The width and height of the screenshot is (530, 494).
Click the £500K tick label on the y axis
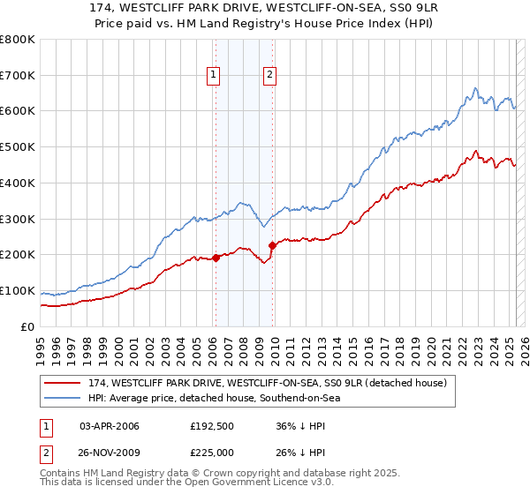click(x=19, y=146)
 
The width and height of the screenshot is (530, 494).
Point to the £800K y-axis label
click(x=19, y=40)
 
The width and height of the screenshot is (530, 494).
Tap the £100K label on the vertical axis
click(x=19, y=290)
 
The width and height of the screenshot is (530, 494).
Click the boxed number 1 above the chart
click(x=214, y=76)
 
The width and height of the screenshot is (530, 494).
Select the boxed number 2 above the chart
click(x=269, y=76)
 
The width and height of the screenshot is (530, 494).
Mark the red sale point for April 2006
click(x=216, y=258)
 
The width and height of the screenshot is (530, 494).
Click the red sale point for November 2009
click(x=272, y=245)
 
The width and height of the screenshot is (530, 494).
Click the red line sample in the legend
click(x=62, y=383)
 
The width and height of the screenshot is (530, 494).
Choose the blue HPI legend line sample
click(x=62, y=398)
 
